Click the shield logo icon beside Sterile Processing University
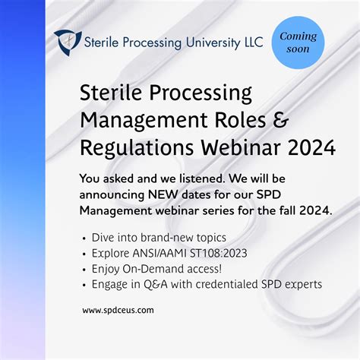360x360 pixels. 68,43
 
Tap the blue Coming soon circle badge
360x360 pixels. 298,43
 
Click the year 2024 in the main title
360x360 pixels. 308,147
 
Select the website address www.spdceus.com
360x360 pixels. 118,310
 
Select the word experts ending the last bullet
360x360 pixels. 302,284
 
